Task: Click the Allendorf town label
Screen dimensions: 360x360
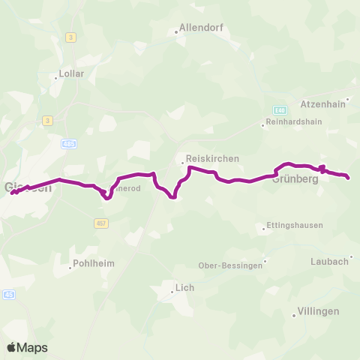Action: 202,28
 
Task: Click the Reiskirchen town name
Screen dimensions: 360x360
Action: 212,159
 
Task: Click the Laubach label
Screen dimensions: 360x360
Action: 329,261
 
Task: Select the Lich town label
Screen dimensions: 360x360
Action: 184,286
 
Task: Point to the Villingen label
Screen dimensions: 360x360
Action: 318,310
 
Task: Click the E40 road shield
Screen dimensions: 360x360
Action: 280,109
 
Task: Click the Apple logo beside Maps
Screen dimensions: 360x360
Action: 12,347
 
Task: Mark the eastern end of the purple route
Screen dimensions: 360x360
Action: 349,177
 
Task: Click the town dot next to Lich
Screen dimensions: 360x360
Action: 172,292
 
